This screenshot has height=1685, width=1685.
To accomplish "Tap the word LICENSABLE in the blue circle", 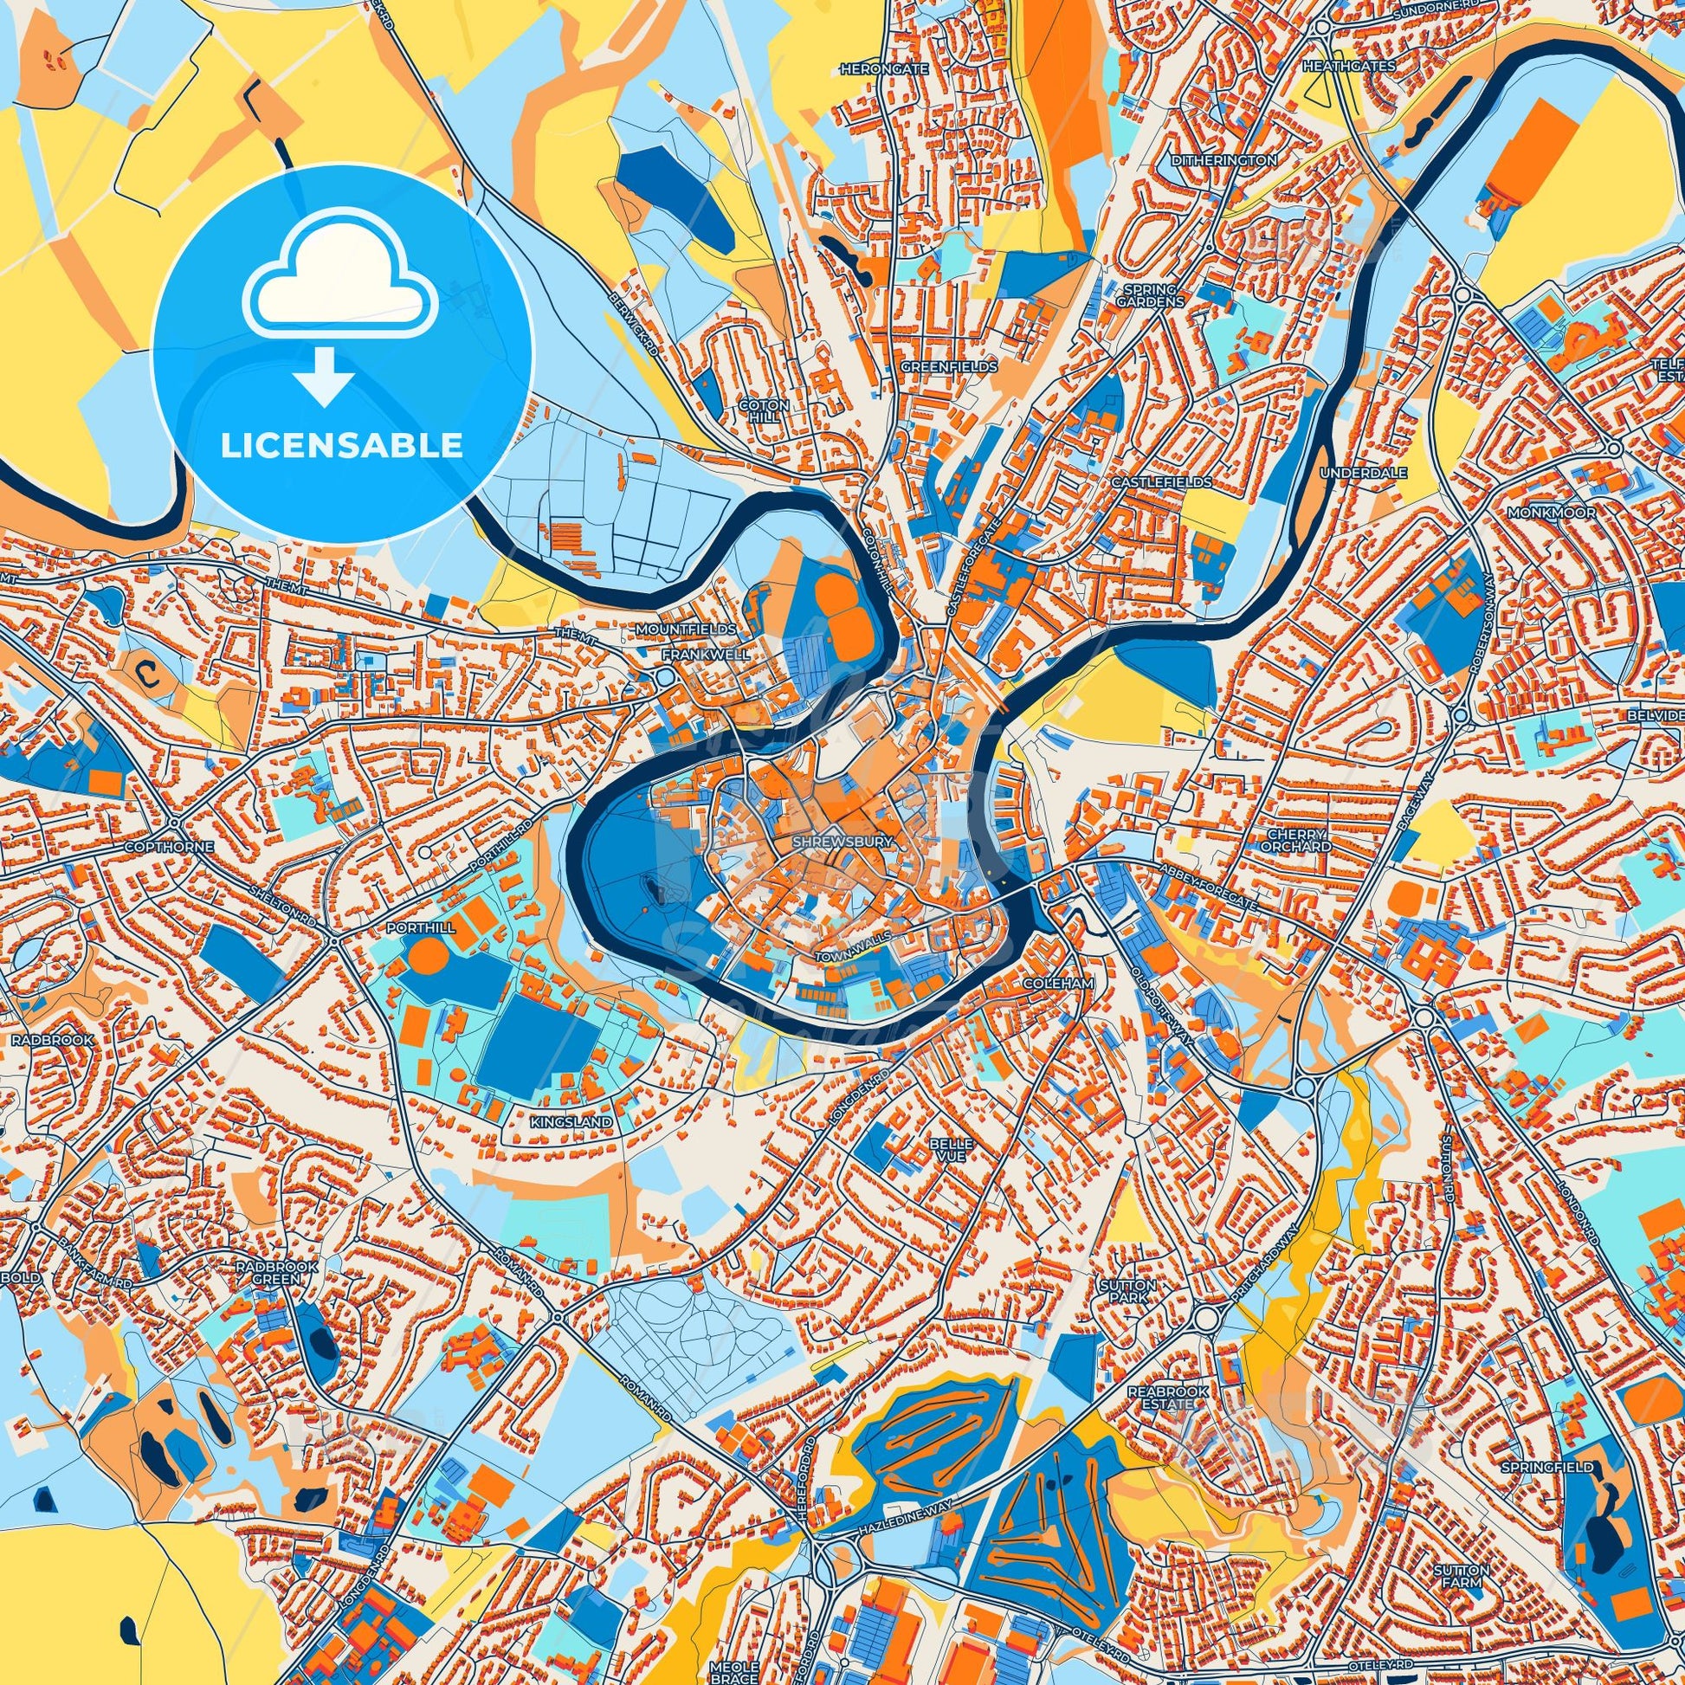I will pos(341,447).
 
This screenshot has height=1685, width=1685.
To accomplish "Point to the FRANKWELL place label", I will pos(694,653).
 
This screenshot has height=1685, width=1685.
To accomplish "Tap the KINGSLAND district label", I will pos(571,1121).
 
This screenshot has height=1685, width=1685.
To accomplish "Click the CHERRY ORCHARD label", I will pos(1300,840).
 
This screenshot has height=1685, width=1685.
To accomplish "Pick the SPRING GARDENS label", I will pos(1154,295).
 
